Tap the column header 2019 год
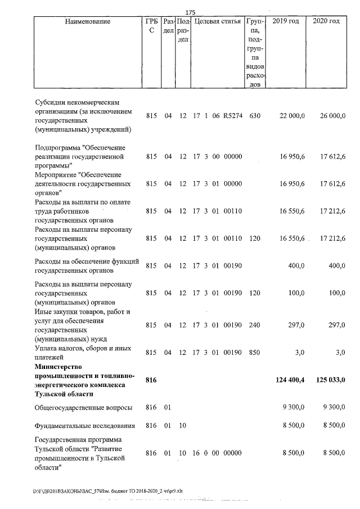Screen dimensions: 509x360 (x=285, y=21)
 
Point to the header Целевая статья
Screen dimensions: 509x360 (x=218, y=21)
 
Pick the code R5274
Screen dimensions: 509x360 (x=232, y=116)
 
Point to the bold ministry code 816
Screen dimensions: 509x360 (x=151, y=381)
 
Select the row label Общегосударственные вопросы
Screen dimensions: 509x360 (x=83, y=407)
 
